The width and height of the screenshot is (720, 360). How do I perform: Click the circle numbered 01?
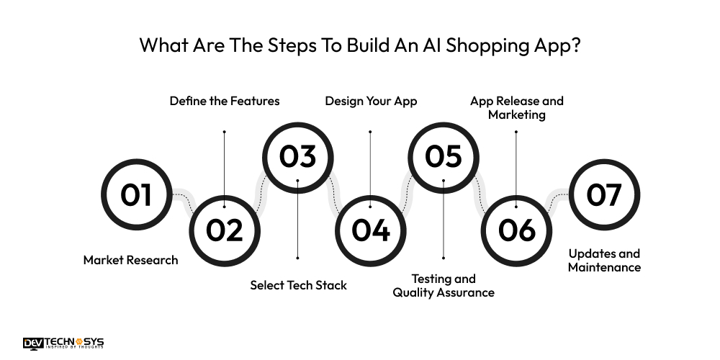136,194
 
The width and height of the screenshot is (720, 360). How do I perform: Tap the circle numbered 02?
225,230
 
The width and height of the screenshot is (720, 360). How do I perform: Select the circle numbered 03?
297,157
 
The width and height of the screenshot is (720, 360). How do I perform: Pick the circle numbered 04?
371,230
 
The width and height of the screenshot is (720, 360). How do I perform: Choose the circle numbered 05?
444,157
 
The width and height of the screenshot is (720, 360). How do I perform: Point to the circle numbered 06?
516,230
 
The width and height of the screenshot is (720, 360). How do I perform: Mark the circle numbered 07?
604,194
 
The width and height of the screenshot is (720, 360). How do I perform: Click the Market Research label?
130,260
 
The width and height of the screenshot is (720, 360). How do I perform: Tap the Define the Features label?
225,101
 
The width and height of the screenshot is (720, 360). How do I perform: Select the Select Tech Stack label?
298,285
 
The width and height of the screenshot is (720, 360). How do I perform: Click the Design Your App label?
371,101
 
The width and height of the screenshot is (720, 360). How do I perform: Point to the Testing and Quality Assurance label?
444,285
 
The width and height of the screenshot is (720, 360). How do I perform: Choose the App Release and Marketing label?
516,107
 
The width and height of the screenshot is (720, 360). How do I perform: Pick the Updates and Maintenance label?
604,260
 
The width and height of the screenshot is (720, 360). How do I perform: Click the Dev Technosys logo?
63,343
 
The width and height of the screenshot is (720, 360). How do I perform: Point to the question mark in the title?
575,45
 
